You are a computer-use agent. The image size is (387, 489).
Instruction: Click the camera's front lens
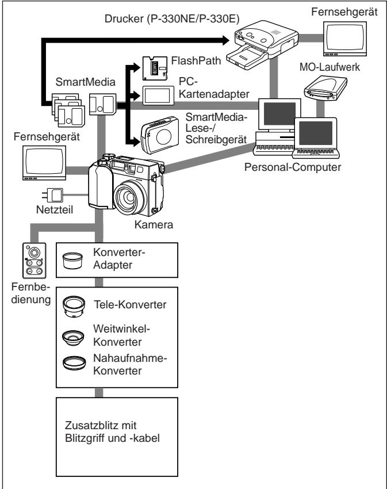[129, 197]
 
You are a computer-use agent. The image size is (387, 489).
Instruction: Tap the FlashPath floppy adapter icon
[155, 68]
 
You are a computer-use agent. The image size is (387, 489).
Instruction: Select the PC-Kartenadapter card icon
[158, 95]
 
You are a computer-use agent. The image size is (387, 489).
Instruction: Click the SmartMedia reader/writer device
[160, 135]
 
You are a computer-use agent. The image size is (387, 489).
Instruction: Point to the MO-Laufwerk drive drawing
[325, 88]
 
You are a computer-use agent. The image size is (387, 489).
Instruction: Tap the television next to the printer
[344, 39]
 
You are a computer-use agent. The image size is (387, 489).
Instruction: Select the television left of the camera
[44, 163]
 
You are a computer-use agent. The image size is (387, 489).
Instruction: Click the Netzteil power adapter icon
[52, 195]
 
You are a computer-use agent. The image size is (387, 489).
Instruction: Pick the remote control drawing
[35, 261]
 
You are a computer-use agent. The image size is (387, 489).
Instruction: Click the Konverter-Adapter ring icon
[72, 261]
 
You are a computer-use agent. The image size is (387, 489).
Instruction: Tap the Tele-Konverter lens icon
[74, 307]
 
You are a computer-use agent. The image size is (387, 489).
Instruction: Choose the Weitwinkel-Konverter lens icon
[73, 338]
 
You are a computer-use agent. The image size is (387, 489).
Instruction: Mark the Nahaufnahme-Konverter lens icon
[74, 363]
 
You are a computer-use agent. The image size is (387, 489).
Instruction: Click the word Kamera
[154, 224]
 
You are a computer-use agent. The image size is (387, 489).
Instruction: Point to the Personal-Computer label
[293, 167]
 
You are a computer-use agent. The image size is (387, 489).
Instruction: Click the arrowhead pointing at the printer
[226, 40]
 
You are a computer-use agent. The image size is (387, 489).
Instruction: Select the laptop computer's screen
[316, 133]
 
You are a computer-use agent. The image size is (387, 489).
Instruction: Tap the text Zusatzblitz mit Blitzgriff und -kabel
[112, 431]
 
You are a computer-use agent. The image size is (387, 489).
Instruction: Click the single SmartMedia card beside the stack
[102, 104]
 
